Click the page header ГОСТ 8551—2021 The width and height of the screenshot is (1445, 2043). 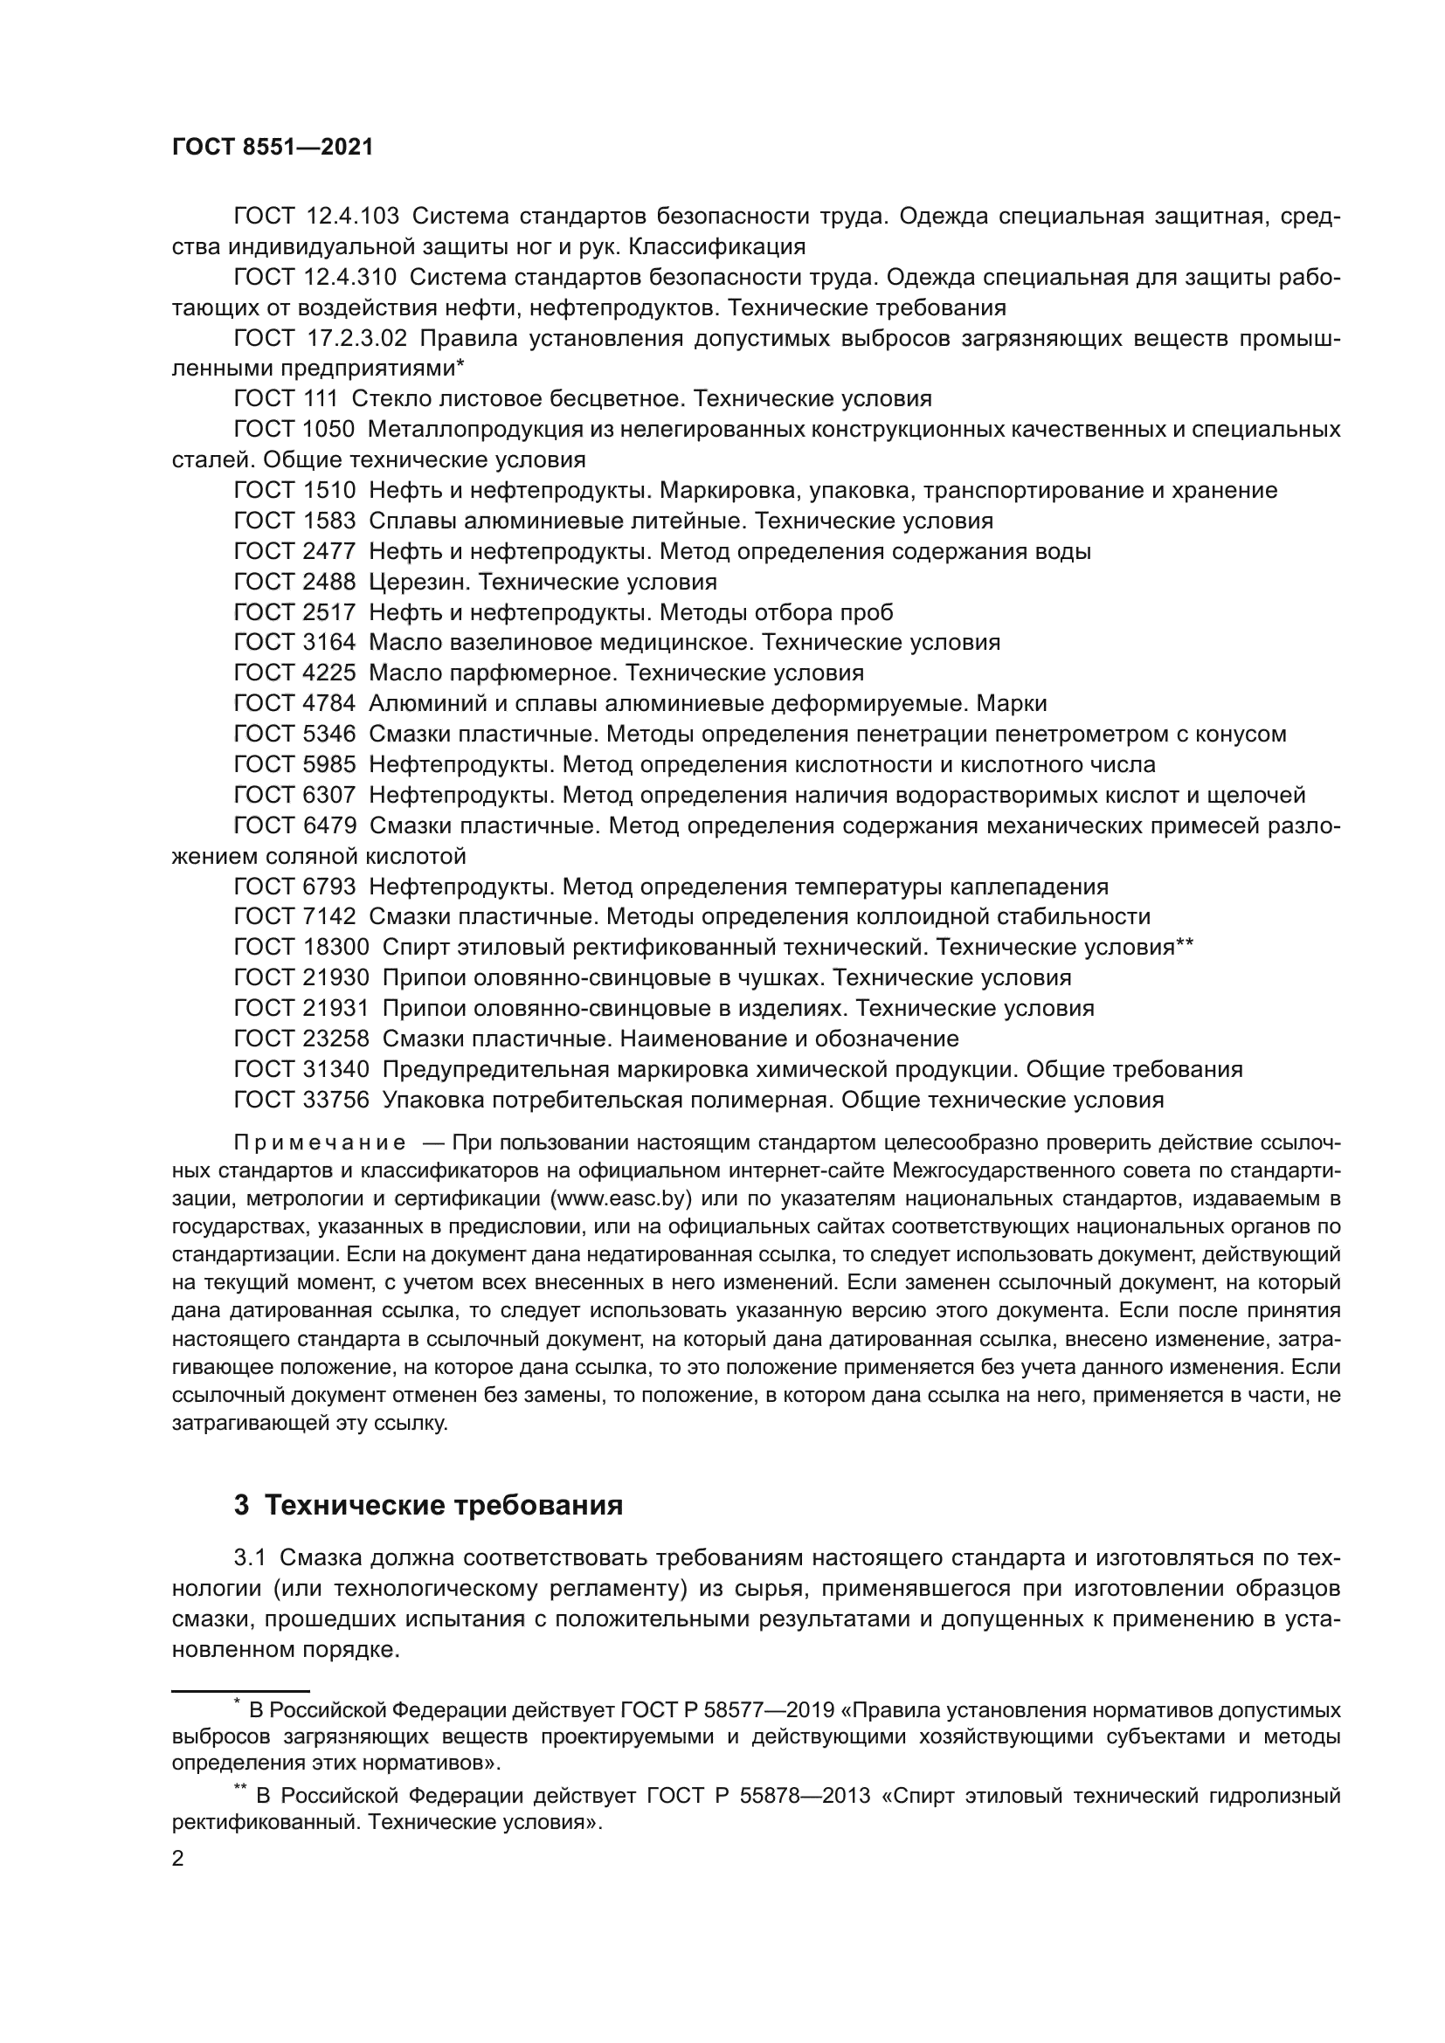tap(273, 148)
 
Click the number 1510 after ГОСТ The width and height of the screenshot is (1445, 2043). tap(329, 490)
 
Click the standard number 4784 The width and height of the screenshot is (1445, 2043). tap(329, 704)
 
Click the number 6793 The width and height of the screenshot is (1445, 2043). tap(329, 887)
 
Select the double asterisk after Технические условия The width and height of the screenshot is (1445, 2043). tap(1185, 945)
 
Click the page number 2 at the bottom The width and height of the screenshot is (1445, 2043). tap(178, 1860)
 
